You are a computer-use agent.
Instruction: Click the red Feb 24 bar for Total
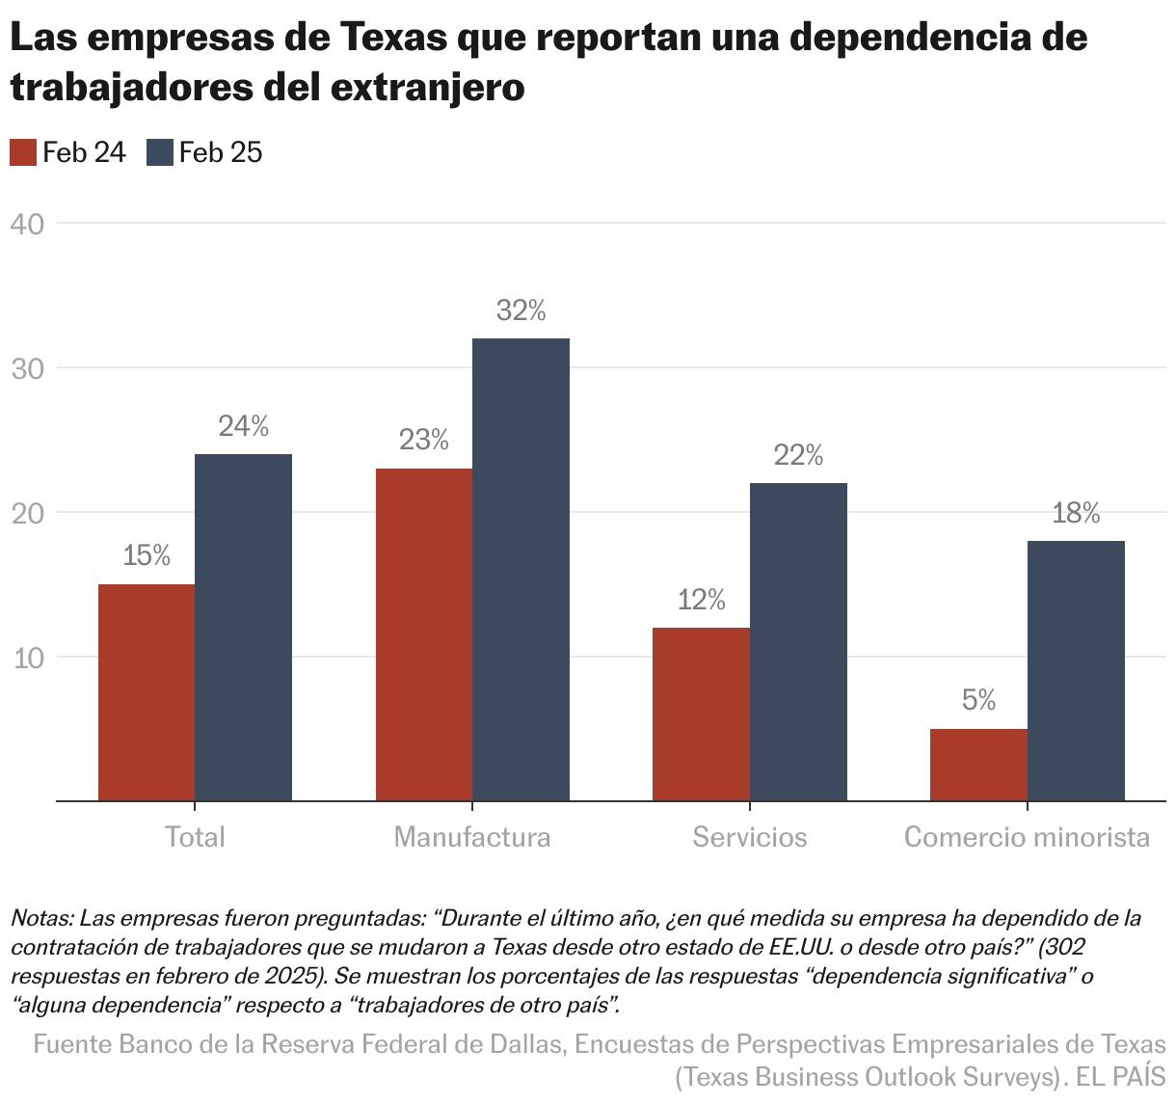pyautogui.click(x=147, y=692)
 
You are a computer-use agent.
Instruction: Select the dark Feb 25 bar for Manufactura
pyautogui.click(x=521, y=569)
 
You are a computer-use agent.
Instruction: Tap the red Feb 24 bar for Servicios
pyautogui.click(x=701, y=714)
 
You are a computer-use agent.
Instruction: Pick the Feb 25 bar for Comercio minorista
pyautogui.click(x=1076, y=670)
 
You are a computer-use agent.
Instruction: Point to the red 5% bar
pyautogui.click(x=978, y=765)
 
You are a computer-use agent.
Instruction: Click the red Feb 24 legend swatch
pyautogui.click(x=22, y=152)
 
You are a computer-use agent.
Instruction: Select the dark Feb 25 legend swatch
pyautogui.click(x=160, y=152)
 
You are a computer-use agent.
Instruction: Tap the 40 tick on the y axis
pyautogui.click(x=27, y=224)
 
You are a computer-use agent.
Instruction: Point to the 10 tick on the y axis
pyautogui.click(x=27, y=658)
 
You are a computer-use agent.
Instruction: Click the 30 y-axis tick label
pyautogui.click(x=27, y=368)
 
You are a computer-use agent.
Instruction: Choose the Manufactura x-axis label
pyautogui.click(x=472, y=836)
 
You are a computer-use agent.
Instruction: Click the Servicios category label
pyautogui.click(x=749, y=836)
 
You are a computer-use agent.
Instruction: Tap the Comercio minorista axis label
pyautogui.click(x=1027, y=836)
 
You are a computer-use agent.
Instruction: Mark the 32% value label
pyautogui.click(x=521, y=310)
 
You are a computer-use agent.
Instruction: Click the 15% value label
pyautogui.click(x=147, y=556)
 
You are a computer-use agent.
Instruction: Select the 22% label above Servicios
pyautogui.click(x=798, y=455)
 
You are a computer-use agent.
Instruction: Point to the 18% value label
pyautogui.click(x=1076, y=513)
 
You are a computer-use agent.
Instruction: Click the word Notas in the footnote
pyautogui.click(x=40, y=917)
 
